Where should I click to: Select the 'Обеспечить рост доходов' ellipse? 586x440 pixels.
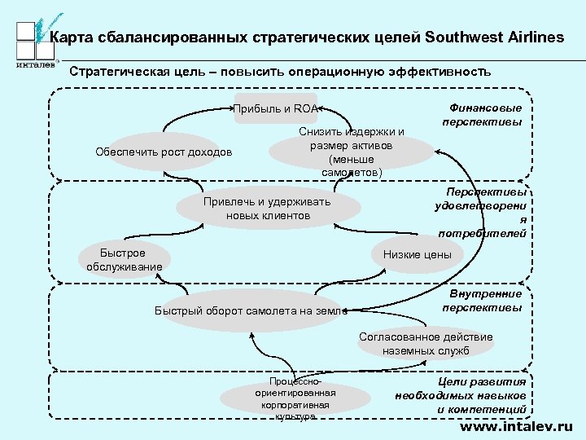163,152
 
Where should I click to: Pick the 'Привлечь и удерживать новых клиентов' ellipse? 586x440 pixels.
268,209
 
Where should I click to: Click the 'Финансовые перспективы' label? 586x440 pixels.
482,115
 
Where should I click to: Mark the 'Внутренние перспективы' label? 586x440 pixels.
482,301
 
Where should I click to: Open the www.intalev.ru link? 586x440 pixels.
516,426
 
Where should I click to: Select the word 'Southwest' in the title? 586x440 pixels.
467,37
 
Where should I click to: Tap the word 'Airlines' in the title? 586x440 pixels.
537,37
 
